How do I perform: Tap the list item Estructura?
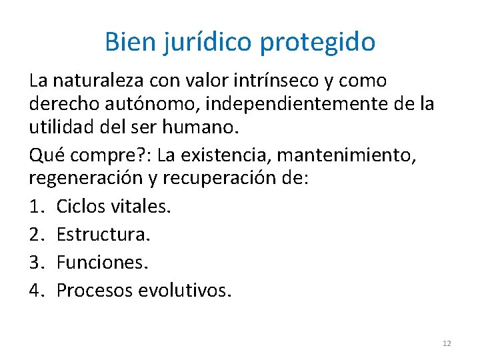pos(104,234)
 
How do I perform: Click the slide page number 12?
pos(447,343)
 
